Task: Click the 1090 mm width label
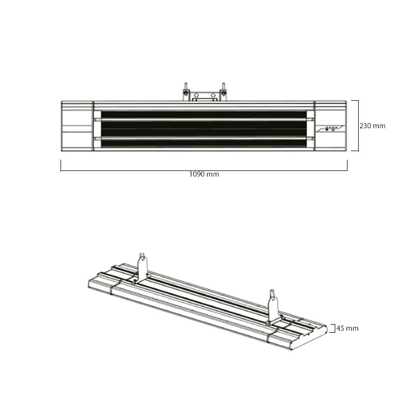204,174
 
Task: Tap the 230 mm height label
372,126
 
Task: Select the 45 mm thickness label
347,328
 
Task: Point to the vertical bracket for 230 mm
358,126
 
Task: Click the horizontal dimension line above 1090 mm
204,170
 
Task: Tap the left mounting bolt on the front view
186,92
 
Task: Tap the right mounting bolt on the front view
223,92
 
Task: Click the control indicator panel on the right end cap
331,129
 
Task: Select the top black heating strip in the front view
204,115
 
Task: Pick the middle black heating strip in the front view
204,129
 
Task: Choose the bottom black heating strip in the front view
204,143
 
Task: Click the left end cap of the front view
77,126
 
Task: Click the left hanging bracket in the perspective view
142,270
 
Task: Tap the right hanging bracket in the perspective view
273,308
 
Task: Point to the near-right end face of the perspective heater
309,338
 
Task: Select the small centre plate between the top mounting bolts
205,99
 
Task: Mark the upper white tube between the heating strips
204,120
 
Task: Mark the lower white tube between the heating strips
204,138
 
